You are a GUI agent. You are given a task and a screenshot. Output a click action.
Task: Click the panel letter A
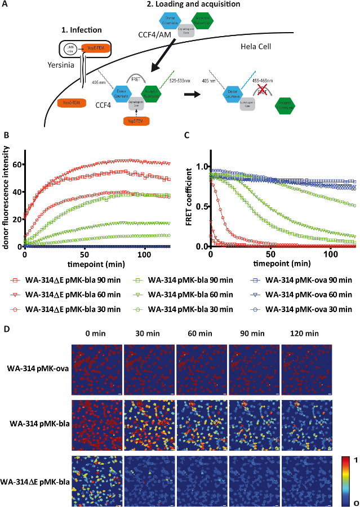click(x=6, y=4)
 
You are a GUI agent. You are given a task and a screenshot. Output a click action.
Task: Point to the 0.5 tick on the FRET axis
click(x=200, y=207)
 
